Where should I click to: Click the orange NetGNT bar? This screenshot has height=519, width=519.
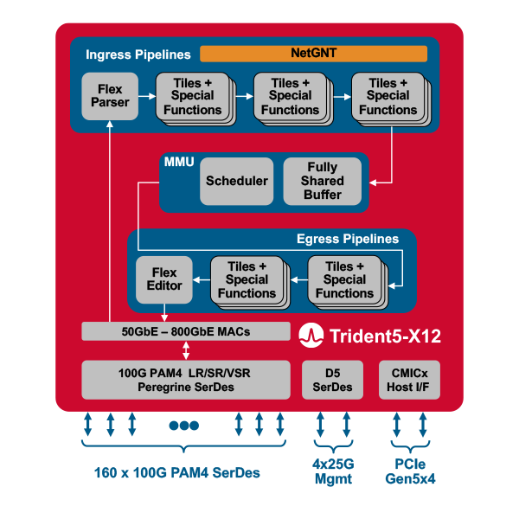click(x=313, y=54)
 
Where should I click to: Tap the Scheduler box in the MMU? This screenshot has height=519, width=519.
click(x=237, y=181)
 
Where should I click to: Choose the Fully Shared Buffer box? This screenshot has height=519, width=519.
click(x=322, y=181)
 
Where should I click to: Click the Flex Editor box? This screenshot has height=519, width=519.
click(x=164, y=279)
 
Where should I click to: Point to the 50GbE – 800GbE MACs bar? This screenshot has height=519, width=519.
click(x=186, y=331)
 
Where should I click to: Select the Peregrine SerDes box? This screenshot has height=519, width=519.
click(x=186, y=380)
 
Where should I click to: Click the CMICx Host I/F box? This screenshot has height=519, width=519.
click(x=409, y=380)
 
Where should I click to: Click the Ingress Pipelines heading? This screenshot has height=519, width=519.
click(x=132, y=54)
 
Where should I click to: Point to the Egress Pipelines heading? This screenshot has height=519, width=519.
click(x=348, y=239)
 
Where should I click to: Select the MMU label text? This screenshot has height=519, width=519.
click(x=178, y=162)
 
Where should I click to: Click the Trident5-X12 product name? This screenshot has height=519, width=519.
click(x=383, y=336)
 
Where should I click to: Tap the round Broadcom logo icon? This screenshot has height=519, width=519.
click(x=311, y=336)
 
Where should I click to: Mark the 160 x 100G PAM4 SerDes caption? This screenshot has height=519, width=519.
click(x=177, y=473)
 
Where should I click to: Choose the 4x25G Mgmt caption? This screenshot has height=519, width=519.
click(x=333, y=471)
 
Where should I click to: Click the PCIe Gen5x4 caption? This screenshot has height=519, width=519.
click(x=409, y=471)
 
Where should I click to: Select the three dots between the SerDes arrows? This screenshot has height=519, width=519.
click(x=184, y=426)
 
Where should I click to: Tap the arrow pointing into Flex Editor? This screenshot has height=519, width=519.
click(x=201, y=279)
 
